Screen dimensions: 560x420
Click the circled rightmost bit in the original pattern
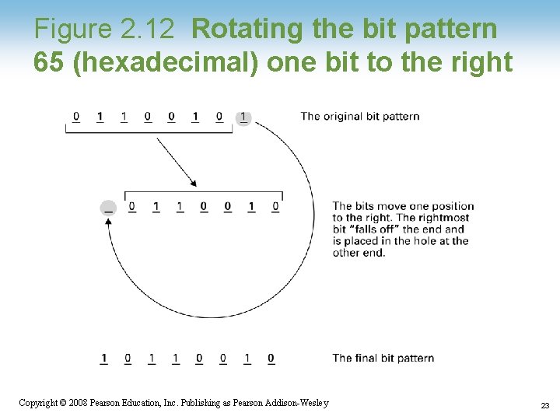243,117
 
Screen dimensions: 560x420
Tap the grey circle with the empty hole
108,208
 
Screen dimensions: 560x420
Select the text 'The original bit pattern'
359,117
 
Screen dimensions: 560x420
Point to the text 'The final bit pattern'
383,358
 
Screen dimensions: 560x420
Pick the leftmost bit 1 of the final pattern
103,359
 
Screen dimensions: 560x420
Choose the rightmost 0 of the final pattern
271,359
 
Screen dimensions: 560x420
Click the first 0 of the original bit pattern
75,117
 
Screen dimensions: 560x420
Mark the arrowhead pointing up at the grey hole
108,222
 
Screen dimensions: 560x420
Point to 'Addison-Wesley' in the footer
299,403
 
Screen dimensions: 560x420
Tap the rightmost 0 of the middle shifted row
275,207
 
